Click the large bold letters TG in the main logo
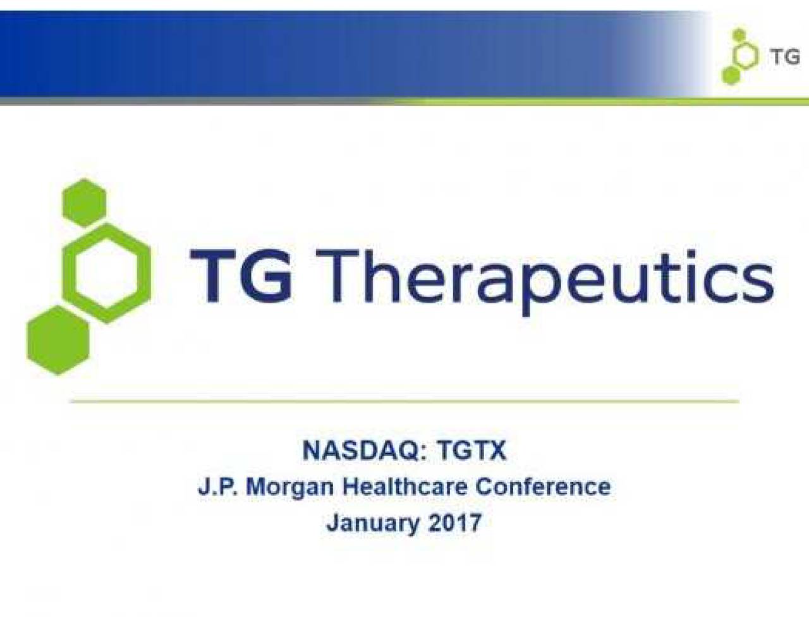(x=241, y=277)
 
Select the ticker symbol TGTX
(x=471, y=451)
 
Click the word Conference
(x=543, y=487)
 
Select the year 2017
(x=454, y=523)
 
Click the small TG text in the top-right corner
(x=784, y=57)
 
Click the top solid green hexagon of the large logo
(x=84, y=202)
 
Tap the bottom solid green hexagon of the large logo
(x=58, y=340)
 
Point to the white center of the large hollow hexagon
(x=106, y=273)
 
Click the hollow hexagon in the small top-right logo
(x=745, y=56)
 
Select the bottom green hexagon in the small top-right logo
(x=731, y=76)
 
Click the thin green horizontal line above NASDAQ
(x=404, y=401)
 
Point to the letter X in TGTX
(x=497, y=451)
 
